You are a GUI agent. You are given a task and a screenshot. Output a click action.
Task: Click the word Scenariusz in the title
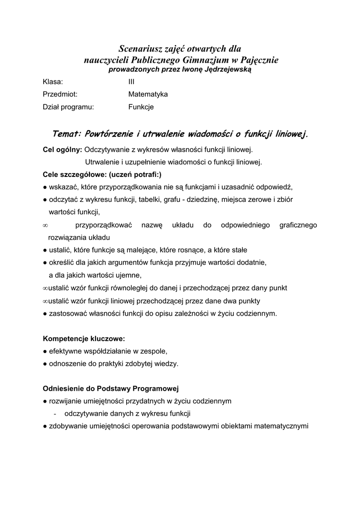click(x=141, y=49)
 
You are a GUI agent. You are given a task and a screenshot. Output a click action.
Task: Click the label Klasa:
click(x=53, y=82)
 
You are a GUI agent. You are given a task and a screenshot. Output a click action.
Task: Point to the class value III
click(x=131, y=82)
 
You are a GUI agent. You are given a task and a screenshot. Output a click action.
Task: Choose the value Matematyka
click(x=148, y=94)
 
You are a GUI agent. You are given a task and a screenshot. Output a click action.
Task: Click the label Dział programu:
click(x=68, y=107)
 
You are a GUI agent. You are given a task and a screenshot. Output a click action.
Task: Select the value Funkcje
click(x=141, y=107)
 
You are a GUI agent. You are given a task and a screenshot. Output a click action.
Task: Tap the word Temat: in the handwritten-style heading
click(x=67, y=134)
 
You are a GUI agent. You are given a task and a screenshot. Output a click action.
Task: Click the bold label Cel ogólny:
click(x=62, y=149)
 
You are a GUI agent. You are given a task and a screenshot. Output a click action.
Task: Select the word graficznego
click(x=298, y=225)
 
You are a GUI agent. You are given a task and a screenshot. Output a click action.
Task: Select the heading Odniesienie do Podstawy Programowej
click(x=111, y=388)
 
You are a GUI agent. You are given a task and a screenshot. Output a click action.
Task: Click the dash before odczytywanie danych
click(x=54, y=414)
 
